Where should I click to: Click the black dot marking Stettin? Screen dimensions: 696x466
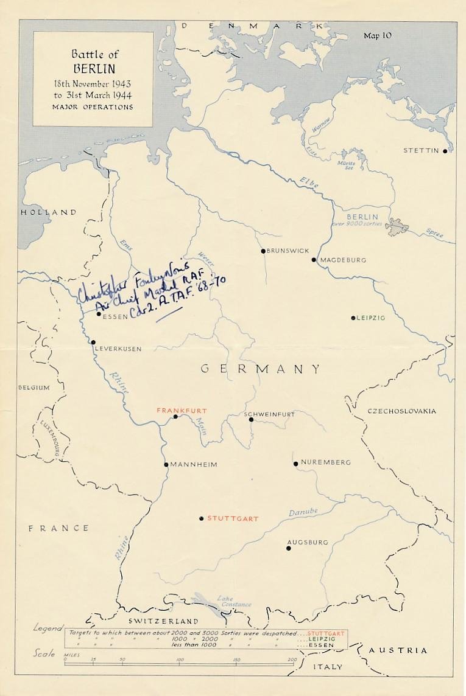coord(445,151)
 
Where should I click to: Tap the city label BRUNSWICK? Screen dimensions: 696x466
coord(288,251)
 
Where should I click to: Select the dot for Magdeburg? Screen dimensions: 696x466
coord(314,260)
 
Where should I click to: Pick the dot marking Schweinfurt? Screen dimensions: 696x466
coord(251,419)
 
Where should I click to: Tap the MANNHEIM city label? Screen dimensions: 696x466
coord(194,465)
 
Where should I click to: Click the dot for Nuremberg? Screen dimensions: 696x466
coord(295,464)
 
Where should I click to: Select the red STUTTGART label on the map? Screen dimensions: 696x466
coord(229,519)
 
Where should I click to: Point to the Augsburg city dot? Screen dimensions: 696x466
coord(288,548)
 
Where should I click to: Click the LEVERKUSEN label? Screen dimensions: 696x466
coord(118,349)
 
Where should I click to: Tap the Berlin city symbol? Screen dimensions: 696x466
coord(397,226)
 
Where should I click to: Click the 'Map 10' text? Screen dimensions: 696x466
coord(378,36)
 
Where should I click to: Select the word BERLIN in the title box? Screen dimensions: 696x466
coord(93,69)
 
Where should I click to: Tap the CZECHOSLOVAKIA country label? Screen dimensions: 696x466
coord(401,411)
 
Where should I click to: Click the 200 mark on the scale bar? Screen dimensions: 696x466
coord(292,659)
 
